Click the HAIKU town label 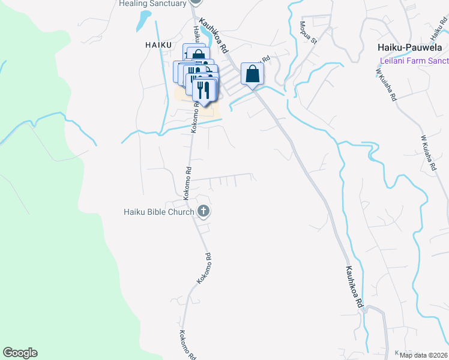point(159,44)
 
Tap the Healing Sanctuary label point(152,4)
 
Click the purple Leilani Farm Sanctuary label point(414,61)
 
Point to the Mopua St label point(308,32)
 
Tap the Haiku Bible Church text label point(158,212)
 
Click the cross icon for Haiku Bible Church point(204,211)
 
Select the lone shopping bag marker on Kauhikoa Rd point(253,74)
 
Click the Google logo point(20,353)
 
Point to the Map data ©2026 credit point(423,355)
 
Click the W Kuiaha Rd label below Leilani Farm point(387,85)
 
